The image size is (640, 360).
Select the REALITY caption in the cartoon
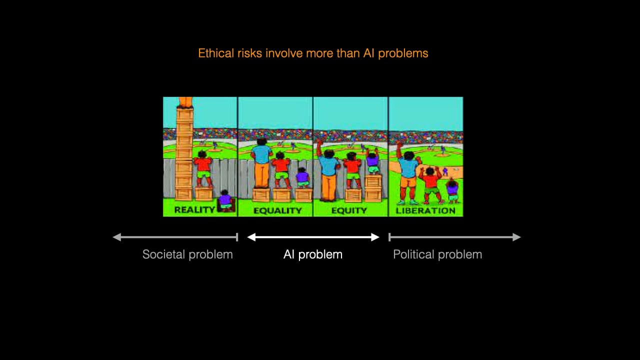194,210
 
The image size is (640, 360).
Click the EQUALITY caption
277,210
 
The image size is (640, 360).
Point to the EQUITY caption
349,210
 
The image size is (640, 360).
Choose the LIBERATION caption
425,210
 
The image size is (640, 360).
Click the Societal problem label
187,254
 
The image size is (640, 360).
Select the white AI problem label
313,254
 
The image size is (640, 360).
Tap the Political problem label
437,254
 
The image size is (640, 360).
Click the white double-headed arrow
313,237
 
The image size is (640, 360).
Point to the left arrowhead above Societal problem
116,237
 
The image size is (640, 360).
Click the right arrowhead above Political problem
517,237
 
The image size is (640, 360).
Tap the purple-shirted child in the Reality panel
225,199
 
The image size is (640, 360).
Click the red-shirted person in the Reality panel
203,165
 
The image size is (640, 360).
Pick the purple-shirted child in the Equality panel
302,177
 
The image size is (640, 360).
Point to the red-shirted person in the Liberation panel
430,182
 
